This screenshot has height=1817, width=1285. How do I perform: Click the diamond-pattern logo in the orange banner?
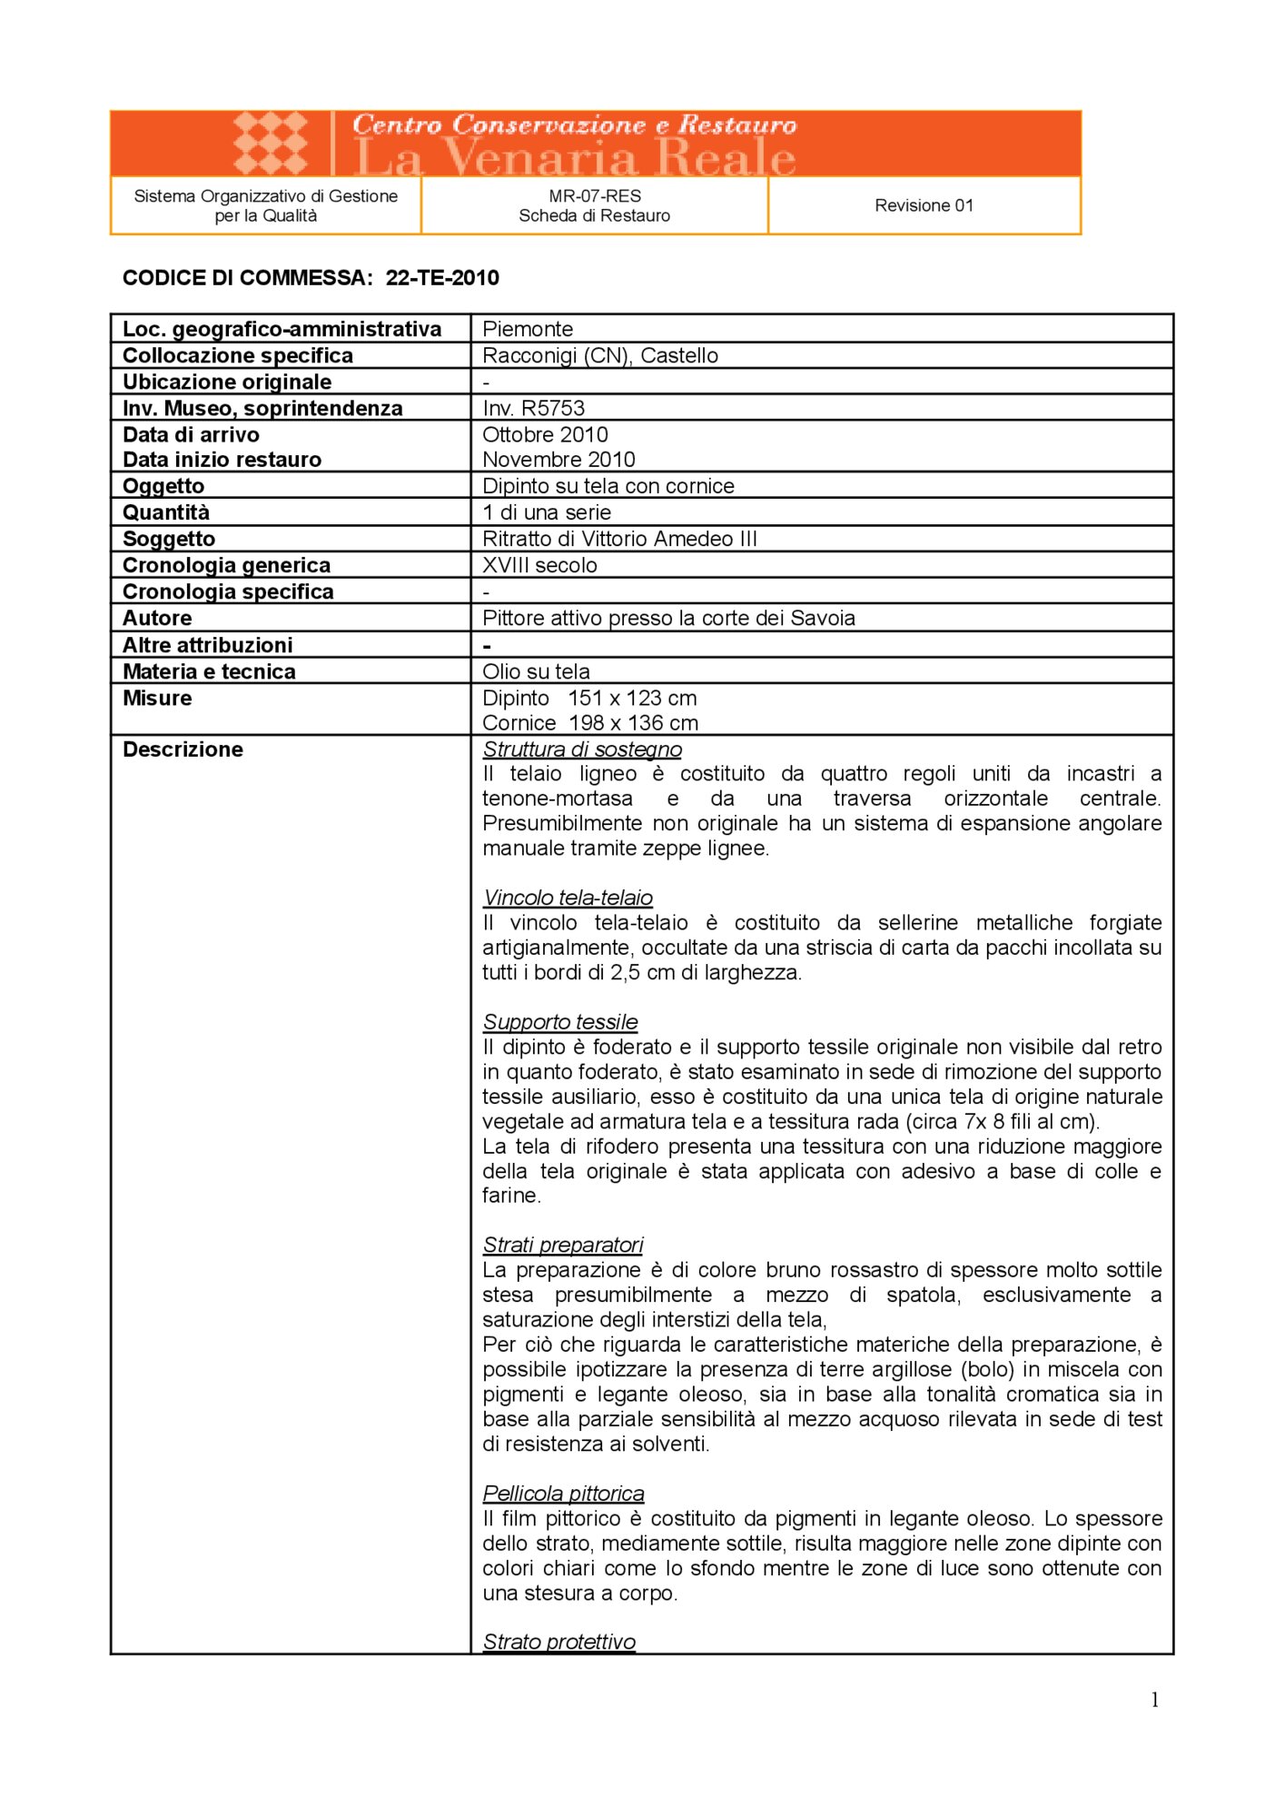pos(271,143)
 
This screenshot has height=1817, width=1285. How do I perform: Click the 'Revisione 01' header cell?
pos(924,205)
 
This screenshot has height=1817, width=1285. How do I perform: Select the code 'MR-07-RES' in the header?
pos(595,195)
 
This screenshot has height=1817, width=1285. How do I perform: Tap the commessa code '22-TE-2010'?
pos(442,278)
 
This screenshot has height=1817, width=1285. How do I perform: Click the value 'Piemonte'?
pos(528,329)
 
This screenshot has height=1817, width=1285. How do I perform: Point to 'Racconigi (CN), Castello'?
pos(600,355)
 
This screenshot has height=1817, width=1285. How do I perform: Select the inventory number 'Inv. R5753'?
pos(534,408)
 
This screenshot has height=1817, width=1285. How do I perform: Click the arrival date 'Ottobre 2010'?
pos(545,434)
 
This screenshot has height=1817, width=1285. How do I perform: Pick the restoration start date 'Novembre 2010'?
pos(558,460)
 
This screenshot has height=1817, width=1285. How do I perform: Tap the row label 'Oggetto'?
pos(163,486)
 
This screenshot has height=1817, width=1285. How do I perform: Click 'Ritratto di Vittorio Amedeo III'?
pos(619,539)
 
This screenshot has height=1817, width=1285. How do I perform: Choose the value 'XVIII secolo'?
pos(539,565)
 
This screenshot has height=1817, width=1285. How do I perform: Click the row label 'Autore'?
pos(157,618)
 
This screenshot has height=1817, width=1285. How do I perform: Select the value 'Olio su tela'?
pos(536,671)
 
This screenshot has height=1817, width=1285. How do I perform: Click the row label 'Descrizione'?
pos(183,750)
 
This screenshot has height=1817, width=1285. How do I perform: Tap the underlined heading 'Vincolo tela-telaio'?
pos(568,898)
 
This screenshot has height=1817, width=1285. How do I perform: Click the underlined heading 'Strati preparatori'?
pos(563,1245)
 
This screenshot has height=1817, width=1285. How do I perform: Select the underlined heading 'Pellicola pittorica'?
pos(563,1494)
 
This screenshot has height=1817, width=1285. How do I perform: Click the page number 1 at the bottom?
pos(1154,1700)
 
